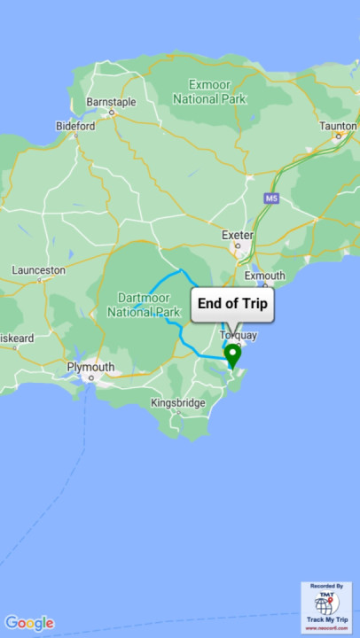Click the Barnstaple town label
pyautogui.click(x=111, y=102)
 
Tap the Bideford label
pyautogui.click(x=75, y=126)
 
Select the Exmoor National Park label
pyautogui.click(x=208, y=91)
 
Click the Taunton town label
pyautogui.click(x=338, y=126)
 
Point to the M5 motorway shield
pyautogui.click(x=271, y=198)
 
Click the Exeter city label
pyautogui.click(x=238, y=235)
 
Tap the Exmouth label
pyautogui.click(x=264, y=276)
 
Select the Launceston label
pyautogui.click(x=38, y=269)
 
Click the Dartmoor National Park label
pyautogui.click(x=144, y=305)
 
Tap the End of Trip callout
pyautogui.click(x=232, y=304)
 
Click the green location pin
pyautogui.click(x=232, y=354)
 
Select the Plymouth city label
pyautogui.click(x=90, y=367)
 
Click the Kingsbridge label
pyautogui.click(x=178, y=403)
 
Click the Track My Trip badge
pyautogui.click(x=326, y=607)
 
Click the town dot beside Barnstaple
pyautogui.click(x=113, y=113)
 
